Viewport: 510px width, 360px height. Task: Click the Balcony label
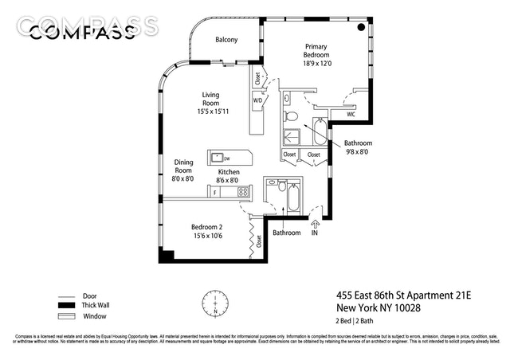pyautogui.click(x=226, y=39)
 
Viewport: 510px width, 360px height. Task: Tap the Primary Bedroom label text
pyautogui.click(x=316, y=51)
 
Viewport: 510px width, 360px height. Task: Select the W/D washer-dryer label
pyautogui.click(x=257, y=101)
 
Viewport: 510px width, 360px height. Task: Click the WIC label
pyautogui.click(x=351, y=115)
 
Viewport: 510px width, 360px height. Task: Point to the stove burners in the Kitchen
pyautogui.click(x=244, y=192)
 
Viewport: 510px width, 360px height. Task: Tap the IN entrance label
pyautogui.click(x=314, y=233)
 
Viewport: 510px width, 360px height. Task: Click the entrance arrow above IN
pyautogui.click(x=314, y=222)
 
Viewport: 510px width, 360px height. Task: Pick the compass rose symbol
pyautogui.click(x=214, y=303)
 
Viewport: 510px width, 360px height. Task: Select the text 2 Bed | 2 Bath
pyautogui.click(x=355, y=322)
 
